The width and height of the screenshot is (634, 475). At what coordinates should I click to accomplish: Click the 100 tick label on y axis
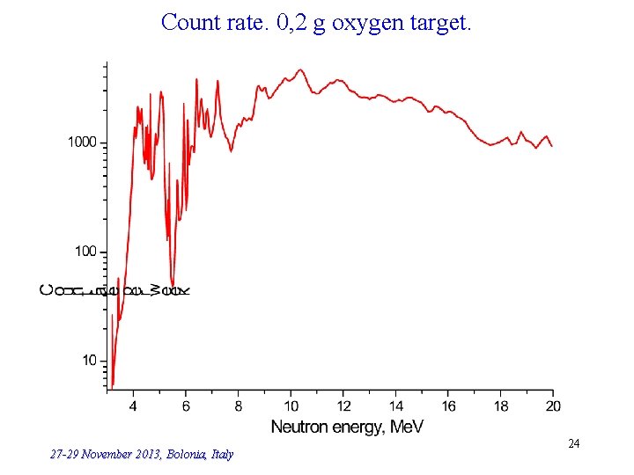pyautogui.click(x=86, y=252)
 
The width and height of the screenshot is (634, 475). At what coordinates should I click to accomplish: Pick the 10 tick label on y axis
pyautogui.click(x=90, y=361)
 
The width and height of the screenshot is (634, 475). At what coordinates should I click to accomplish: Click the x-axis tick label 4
pyautogui.click(x=133, y=406)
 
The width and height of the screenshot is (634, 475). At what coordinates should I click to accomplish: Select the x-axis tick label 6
pyautogui.click(x=186, y=406)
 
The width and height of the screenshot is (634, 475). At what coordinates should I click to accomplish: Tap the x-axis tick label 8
pyautogui.click(x=239, y=406)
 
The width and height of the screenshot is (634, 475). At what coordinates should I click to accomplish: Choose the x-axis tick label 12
pyautogui.click(x=343, y=406)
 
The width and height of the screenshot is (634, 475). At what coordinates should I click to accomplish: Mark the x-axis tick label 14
pyautogui.click(x=396, y=406)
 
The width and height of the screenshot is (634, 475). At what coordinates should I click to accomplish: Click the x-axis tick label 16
pyautogui.click(x=449, y=406)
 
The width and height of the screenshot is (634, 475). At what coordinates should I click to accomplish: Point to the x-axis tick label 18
pyautogui.click(x=501, y=406)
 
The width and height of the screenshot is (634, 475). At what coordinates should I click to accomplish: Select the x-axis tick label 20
pyautogui.click(x=553, y=406)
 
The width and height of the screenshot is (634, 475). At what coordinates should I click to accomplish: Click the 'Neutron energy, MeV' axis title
pyautogui.click(x=347, y=427)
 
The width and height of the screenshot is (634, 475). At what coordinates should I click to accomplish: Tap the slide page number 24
pyautogui.click(x=573, y=444)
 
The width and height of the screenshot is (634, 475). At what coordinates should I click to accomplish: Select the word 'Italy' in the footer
pyautogui.click(x=222, y=455)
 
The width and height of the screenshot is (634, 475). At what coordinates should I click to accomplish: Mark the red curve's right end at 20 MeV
pyautogui.click(x=552, y=146)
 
